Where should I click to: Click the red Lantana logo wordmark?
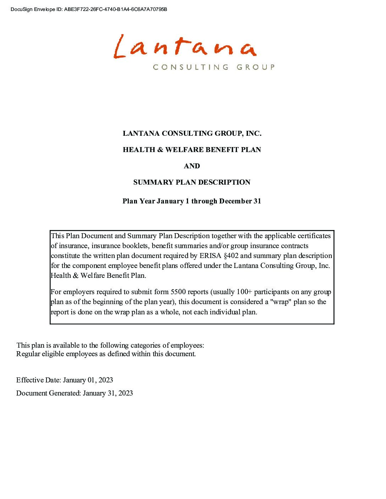point(184,47)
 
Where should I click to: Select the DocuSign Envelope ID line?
point(89,9)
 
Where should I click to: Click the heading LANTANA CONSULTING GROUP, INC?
point(192,134)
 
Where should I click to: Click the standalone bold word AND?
point(192,166)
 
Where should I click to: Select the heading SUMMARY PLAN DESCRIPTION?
point(192,183)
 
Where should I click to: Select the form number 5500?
point(178,292)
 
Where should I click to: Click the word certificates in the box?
point(314,236)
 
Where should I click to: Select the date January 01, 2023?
point(88,380)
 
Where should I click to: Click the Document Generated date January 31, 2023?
point(108,393)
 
